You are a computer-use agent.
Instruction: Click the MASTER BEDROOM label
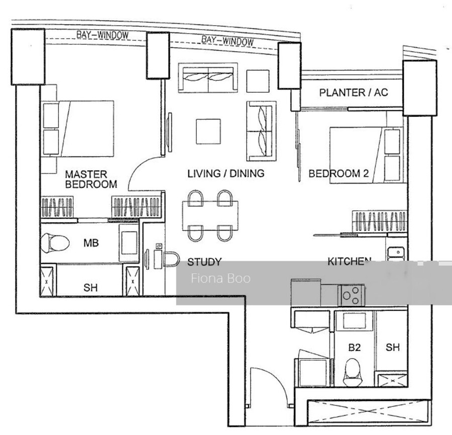tap(91, 179)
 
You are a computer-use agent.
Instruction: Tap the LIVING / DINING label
tap(226, 173)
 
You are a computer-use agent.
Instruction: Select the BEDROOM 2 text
tap(338, 173)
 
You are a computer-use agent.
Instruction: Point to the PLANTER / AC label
tap(354, 92)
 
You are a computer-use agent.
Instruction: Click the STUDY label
tap(204, 262)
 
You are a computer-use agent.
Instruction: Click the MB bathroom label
tap(91, 243)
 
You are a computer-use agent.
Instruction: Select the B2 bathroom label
tap(354, 348)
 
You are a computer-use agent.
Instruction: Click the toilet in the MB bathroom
tap(55, 243)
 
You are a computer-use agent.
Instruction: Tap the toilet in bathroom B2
tap(352, 372)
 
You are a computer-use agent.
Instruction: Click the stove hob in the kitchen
tap(351, 295)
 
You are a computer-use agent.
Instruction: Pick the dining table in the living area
tap(210, 216)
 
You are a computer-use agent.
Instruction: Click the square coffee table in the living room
tap(208, 131)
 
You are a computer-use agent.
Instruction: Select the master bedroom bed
tap(77, 128)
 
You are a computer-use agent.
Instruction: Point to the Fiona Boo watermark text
tap(220, 278)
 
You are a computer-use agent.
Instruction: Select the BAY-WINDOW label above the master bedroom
tap(102, 35)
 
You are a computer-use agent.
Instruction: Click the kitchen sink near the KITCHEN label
tap(396, 253)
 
